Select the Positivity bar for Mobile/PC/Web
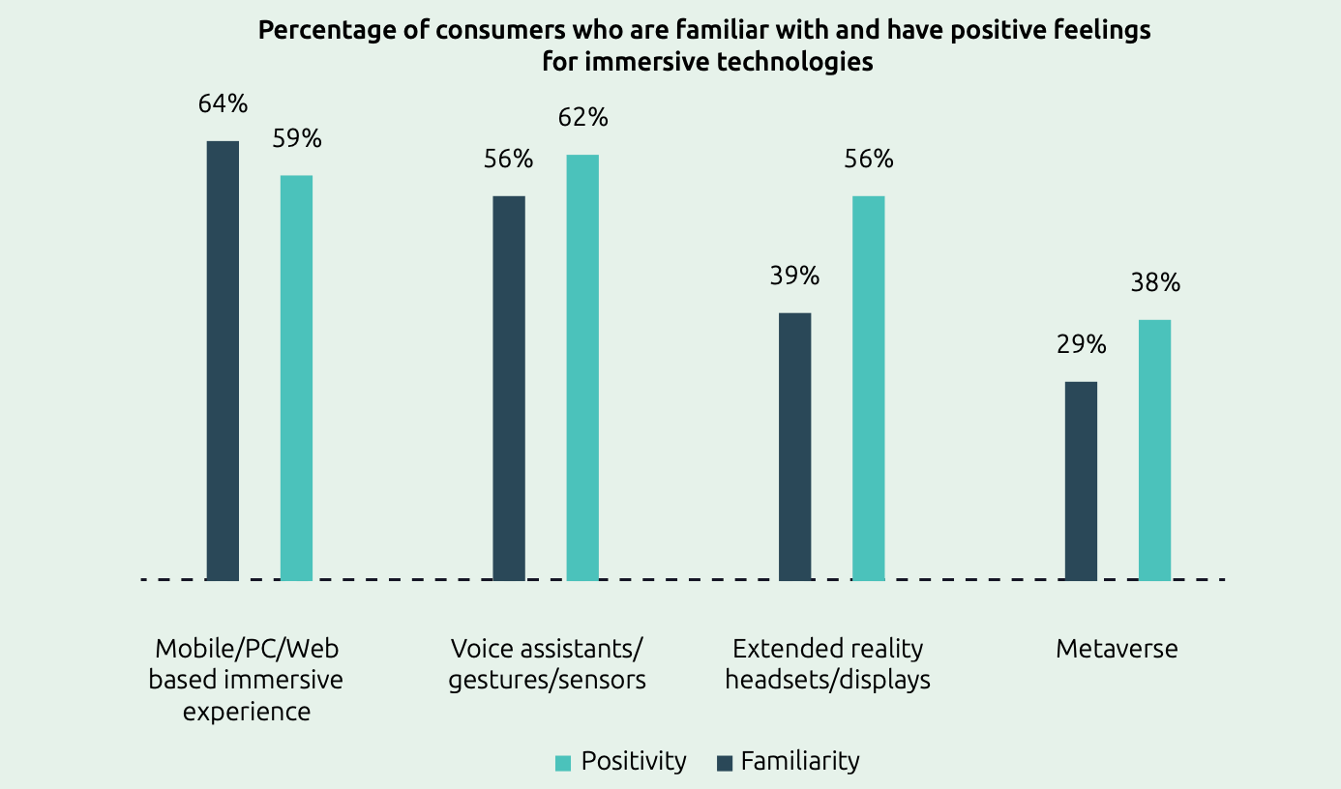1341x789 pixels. click(296, 378)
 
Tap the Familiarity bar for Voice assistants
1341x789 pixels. click(509, 388)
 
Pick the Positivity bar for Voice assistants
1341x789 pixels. click(582, 367)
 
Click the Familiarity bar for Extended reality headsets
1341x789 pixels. click(794, 447)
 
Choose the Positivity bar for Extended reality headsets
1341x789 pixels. click(868, 388)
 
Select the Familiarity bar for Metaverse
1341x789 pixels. click(1081, 481)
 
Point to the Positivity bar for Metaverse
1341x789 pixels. click(1154, 450)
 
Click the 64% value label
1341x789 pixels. click(223, 103)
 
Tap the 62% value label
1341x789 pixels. click(582, 118)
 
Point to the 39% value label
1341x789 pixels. click(794, 276)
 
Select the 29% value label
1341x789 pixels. click(1081, 344)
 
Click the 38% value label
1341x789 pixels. click(1155, 282)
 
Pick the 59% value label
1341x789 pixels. click(296, 138)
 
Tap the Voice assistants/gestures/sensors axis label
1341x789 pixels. click(547, 663)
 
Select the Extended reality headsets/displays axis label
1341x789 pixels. click(827, 663)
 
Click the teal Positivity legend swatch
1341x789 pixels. click(563, 763)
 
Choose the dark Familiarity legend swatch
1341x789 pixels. click(724, 763)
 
